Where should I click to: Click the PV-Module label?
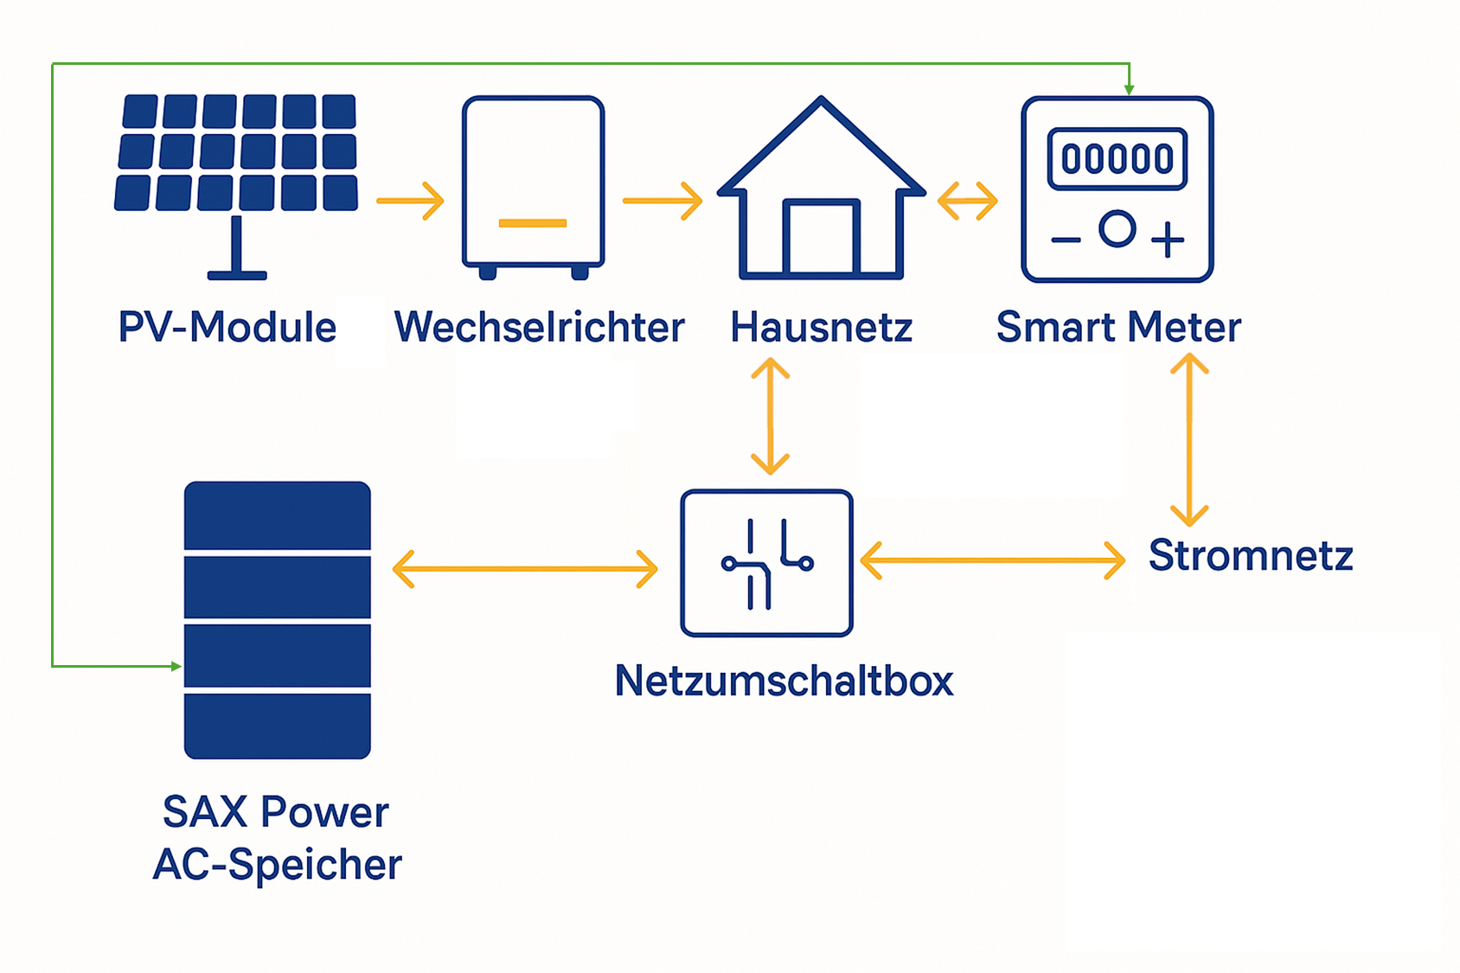[227, 328]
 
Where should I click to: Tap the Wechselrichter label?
[539, 328]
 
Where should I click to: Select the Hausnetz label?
[821, 328]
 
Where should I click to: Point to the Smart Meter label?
[1117, 328]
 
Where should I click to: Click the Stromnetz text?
[1250, 555]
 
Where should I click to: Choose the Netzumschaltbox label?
[784, 681]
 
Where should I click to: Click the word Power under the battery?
[325, 812]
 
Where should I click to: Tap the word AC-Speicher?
[278, 864]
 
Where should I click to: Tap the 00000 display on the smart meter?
[1117, 159]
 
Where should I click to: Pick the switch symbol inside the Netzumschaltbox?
[766, 564]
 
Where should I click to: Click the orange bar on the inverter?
[533, 223]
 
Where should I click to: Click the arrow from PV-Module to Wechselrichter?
[410, 201]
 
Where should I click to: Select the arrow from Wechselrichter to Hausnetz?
[662, 201]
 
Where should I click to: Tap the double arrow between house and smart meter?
[967, 201]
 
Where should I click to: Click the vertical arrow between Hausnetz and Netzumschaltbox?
[770, 417]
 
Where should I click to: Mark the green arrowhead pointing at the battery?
[176, 666]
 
